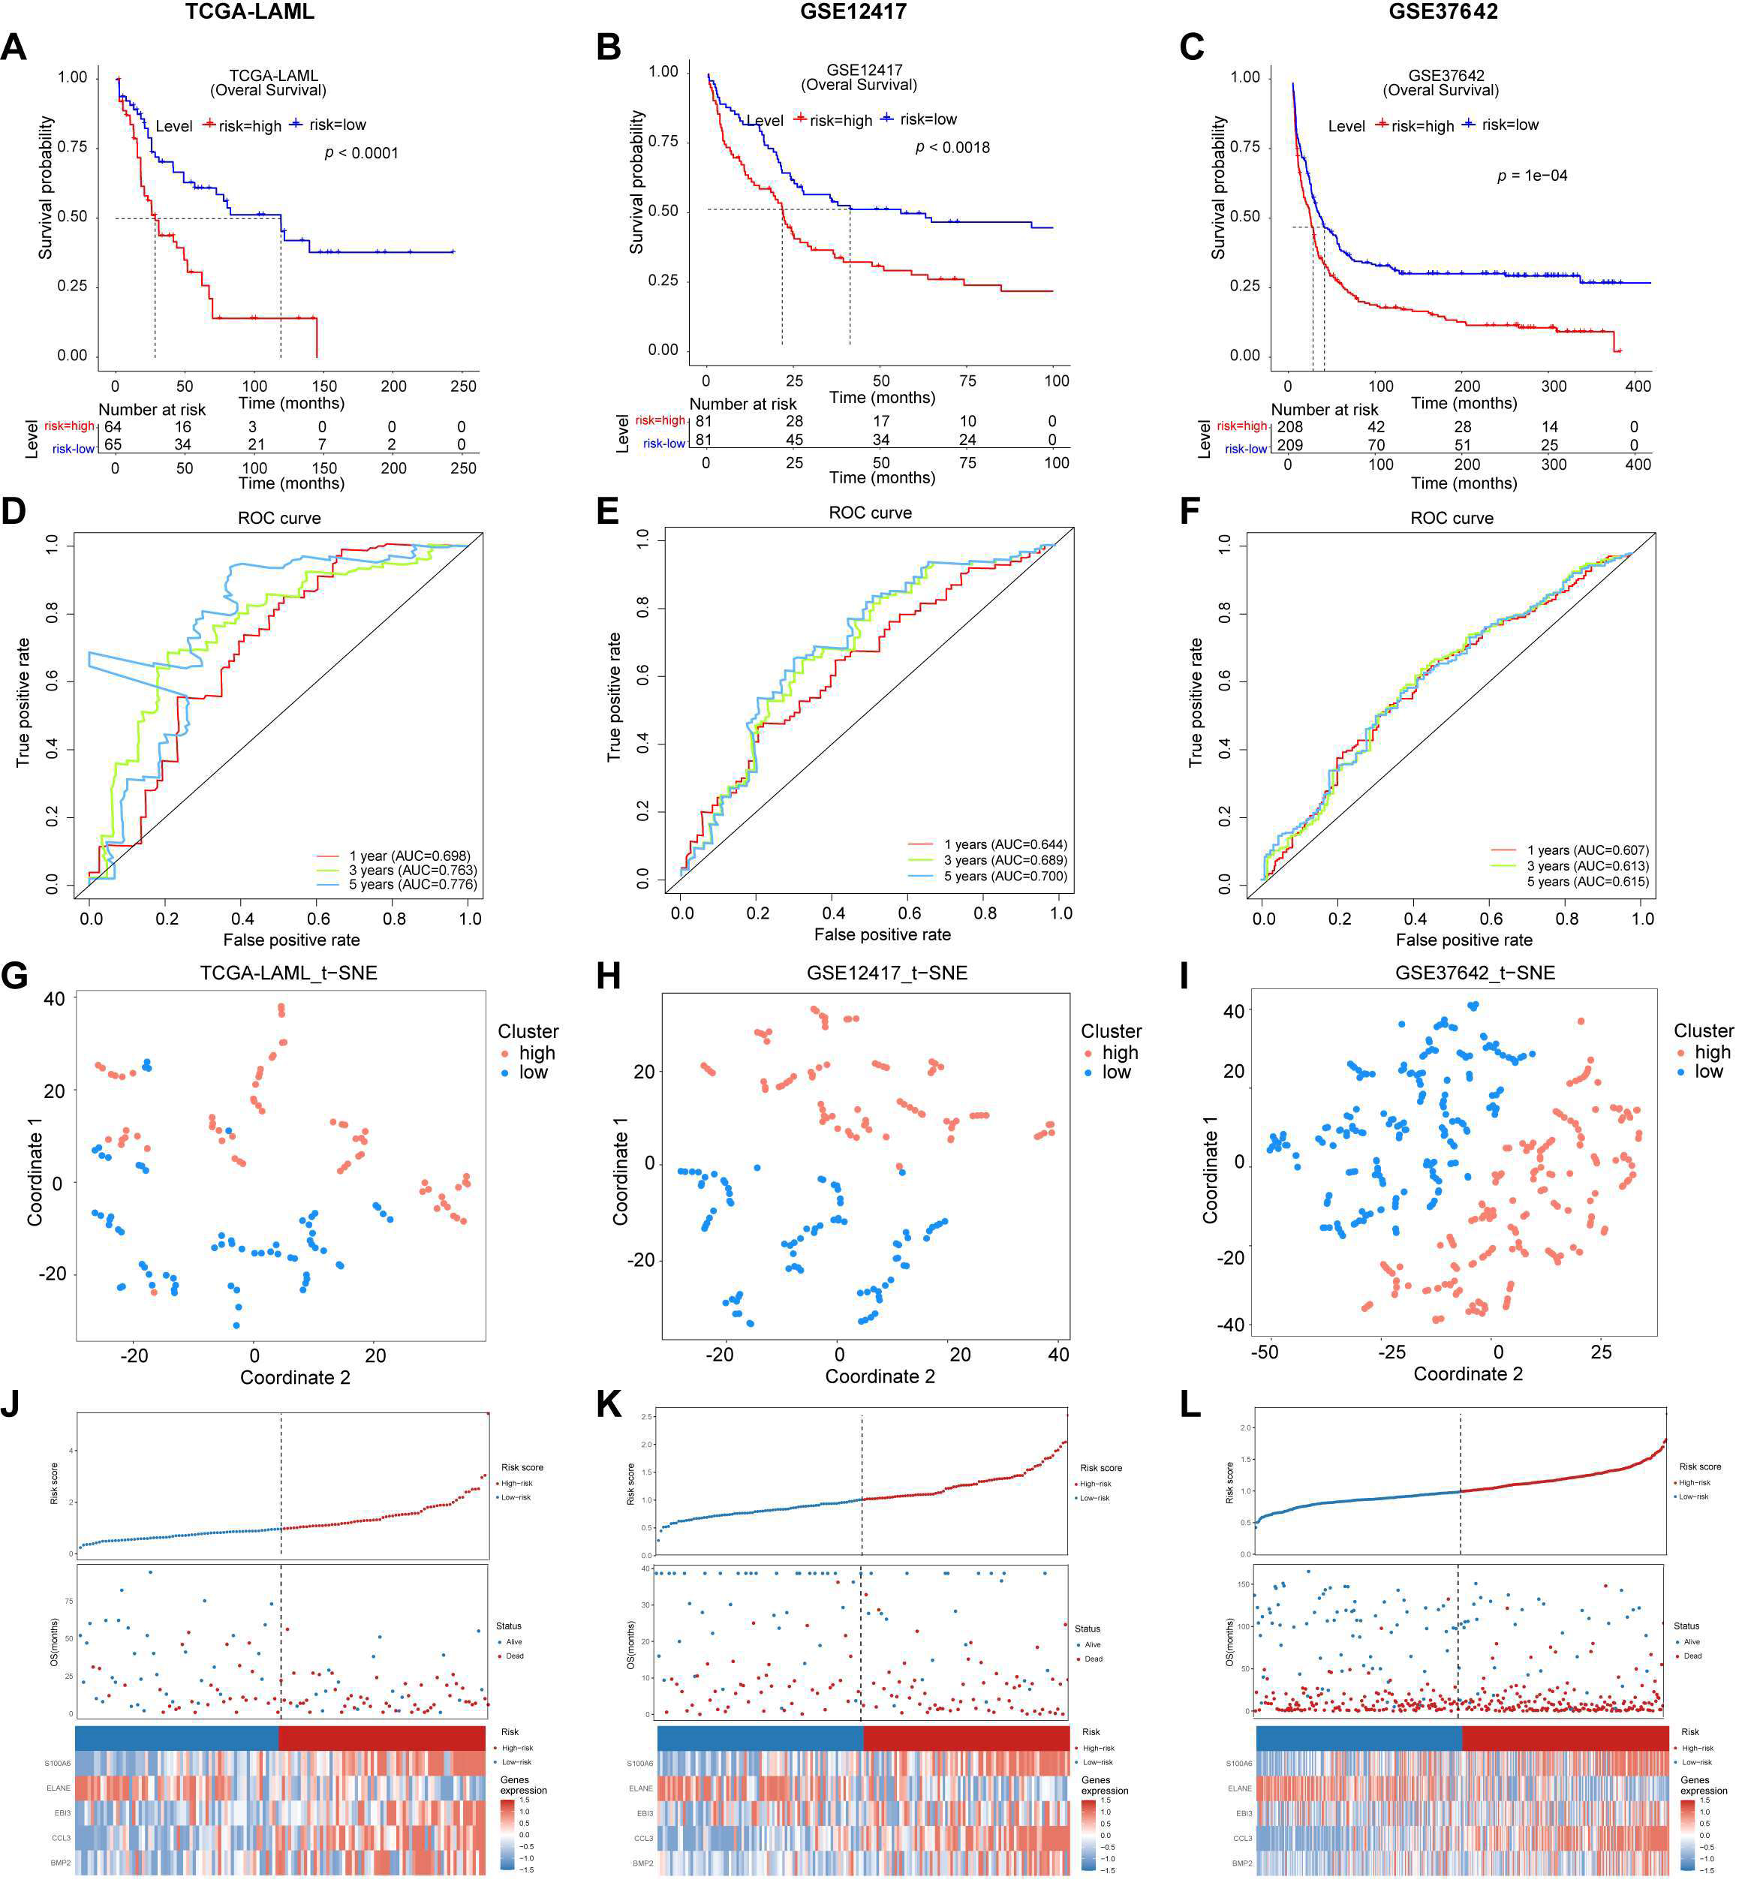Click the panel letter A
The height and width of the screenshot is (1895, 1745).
(14, 47)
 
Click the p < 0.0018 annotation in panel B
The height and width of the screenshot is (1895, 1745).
(952, 147)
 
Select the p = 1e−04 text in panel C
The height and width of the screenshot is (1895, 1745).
(1532, 176)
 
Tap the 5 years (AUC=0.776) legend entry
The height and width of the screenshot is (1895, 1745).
(413, 885)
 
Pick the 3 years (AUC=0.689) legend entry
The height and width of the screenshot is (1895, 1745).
(1005, 860)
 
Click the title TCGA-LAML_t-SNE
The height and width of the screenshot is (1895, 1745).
(288, 973)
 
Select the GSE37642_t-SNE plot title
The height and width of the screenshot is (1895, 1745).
(1474, 973)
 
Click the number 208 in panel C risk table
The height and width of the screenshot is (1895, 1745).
(1290, 427)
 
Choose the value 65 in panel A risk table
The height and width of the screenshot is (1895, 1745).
(113, 445)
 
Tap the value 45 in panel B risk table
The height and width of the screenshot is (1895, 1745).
(794, 440)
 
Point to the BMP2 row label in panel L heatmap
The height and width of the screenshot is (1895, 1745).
(1241, 1863)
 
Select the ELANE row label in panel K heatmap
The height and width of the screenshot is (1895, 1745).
(640, 1788)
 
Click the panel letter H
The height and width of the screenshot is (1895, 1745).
(609, 976)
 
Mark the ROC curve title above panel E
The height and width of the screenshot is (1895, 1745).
(870, 513)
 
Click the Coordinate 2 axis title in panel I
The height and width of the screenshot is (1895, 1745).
(1467, 1374)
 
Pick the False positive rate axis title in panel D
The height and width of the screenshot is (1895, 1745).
(291, 940)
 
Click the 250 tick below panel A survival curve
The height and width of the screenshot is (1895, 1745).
(462, 387)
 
